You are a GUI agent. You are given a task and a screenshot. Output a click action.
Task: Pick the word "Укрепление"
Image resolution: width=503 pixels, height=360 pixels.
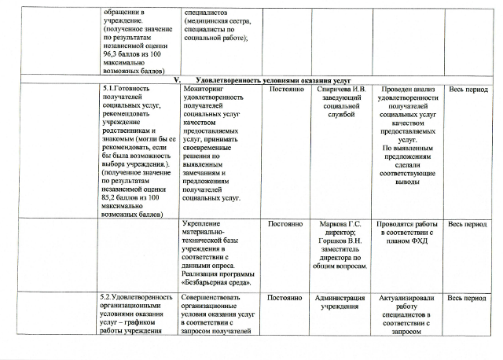tap(203, 224)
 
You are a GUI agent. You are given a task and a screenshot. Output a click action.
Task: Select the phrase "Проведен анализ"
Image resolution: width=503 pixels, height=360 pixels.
tap(408, 90)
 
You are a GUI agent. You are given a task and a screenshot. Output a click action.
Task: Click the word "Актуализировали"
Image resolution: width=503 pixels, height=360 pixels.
tap(408, 298)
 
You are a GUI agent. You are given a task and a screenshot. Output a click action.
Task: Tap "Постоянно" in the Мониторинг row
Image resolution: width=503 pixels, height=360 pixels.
tap(286, 90)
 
